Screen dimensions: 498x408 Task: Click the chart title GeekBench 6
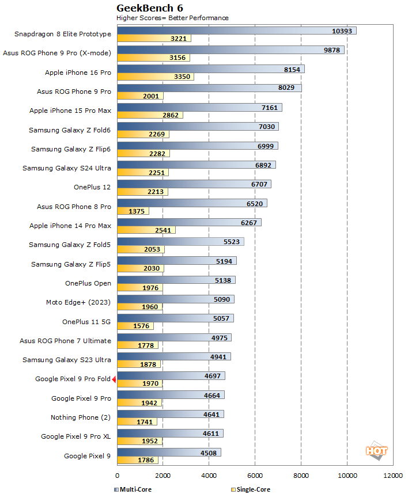click(x=146, y=8)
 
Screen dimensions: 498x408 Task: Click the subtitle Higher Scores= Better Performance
click(x=172, y=18)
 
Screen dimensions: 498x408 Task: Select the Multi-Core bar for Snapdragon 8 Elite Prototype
click(x=236, y=31)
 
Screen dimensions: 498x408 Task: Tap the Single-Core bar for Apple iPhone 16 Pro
click(x=155, y=77)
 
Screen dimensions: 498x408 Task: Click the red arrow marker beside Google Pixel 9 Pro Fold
click(x=114, y=379)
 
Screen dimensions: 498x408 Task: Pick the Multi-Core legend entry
click(x=136, y=489)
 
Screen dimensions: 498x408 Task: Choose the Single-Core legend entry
click(x=250, y=489)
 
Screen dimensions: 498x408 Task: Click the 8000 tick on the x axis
click(x=301, y=476)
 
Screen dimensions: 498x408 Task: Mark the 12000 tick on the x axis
click(x=393, y=476)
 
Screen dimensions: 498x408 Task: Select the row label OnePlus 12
click(x=92, y=187)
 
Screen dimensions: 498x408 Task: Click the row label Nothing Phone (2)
click(x=81, y=417)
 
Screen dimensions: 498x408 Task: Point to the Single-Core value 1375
click(x=137, y=211)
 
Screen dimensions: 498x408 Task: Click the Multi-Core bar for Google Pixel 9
click(x=169, y=453)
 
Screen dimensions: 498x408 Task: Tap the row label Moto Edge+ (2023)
click(x=78, y=302)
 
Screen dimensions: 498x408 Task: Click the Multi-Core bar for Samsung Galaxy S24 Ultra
click(x=196, y=165)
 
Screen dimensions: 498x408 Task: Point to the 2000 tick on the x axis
click(x=163, y=476)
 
